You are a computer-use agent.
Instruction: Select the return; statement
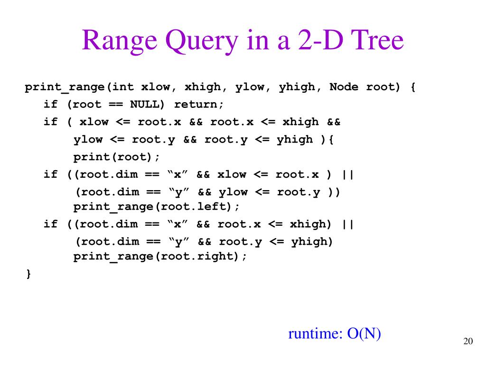[x=199, y=104]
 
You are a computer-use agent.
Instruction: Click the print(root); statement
[x=117, y=156]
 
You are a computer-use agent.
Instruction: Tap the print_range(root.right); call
[x=160, y=256]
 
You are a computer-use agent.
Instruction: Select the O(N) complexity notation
[x=364, y=334]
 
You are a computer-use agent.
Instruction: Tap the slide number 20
[x=468, y=342]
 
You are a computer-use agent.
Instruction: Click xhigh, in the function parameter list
[x=203, y=87]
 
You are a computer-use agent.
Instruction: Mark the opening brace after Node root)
[x=412, y=87]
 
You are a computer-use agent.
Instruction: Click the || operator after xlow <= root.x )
[x=347, y=174]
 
